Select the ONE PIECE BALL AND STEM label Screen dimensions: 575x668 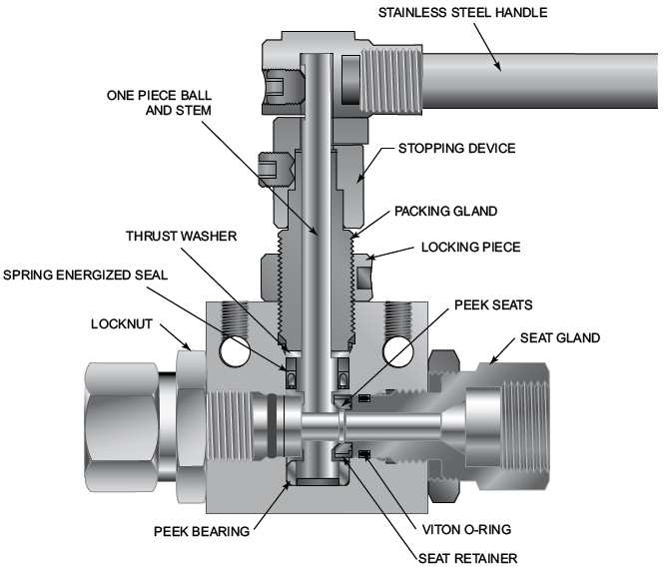pos(160,103)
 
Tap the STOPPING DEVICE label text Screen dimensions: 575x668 pos(455,149)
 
